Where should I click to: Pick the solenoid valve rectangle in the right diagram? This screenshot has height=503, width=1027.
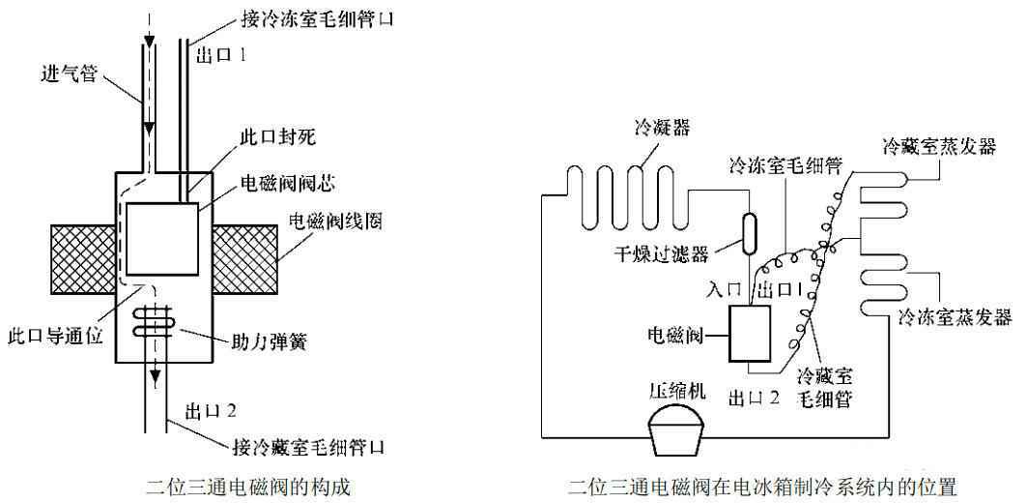click(x=749, y=335)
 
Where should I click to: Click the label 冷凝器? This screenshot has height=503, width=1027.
click(x=662, y=128)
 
